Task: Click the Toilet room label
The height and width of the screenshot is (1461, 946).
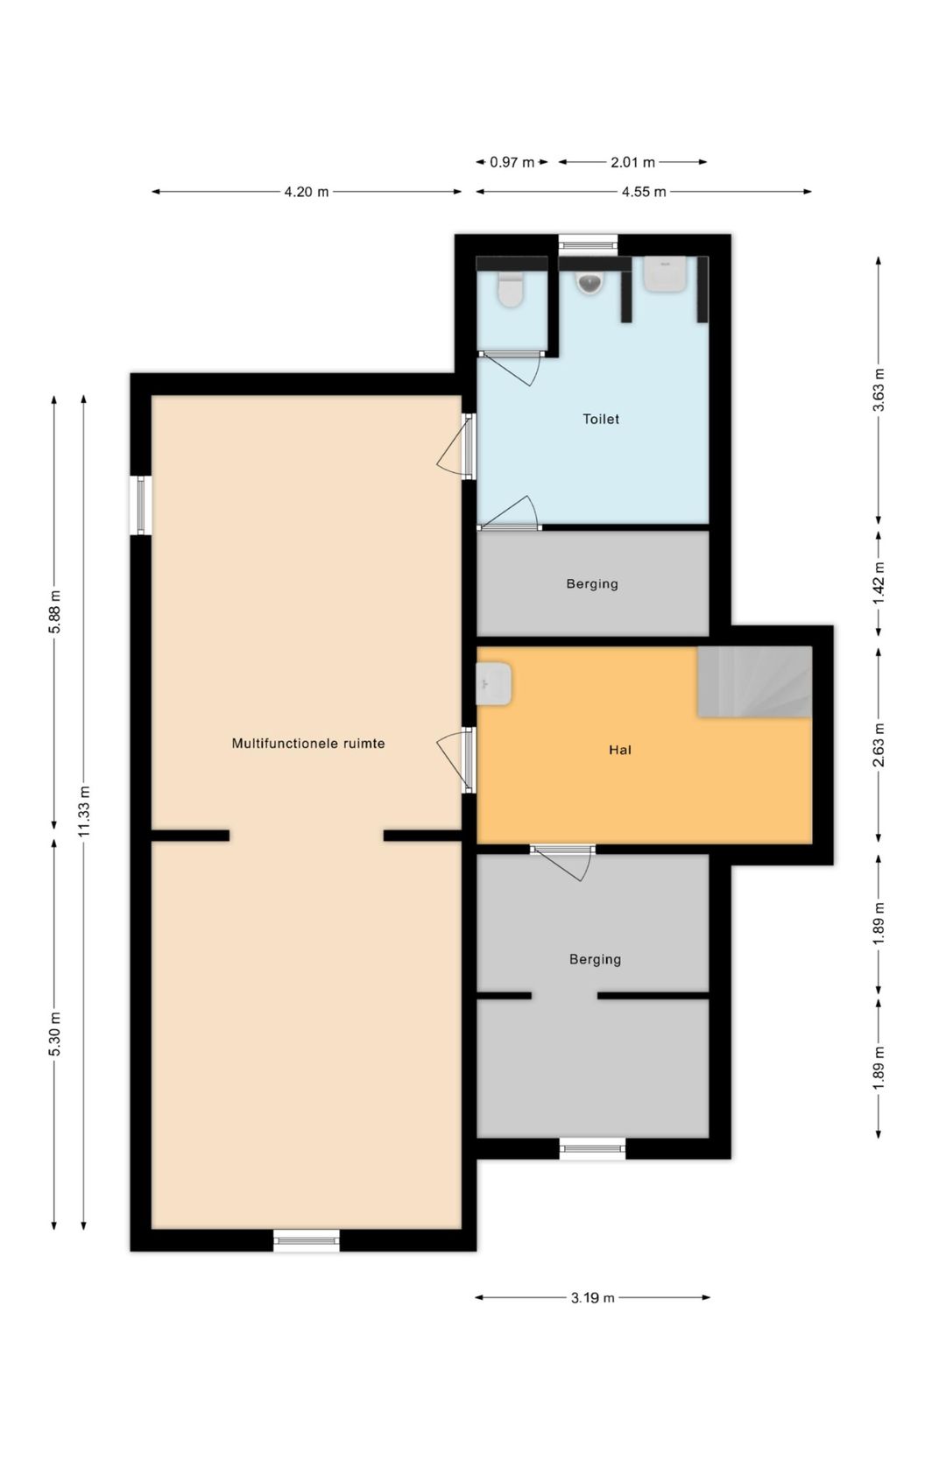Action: tap(600, 419)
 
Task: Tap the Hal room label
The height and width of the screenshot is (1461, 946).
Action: tap(619, 750)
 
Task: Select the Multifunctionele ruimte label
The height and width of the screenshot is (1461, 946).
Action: tap(308, 744)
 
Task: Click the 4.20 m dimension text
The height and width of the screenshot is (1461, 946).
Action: tap(306, 192)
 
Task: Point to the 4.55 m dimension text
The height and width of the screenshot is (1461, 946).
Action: tap(643, 192)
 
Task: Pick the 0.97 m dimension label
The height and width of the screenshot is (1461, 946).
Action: tap(512, 162)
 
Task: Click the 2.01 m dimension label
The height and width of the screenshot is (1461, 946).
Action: tap(632, 162)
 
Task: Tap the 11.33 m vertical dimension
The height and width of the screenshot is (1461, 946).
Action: tap(84, 811)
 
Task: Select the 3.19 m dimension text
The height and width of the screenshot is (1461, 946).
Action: tap(592, 1298)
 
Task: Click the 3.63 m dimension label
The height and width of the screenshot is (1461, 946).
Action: tap(879, 390)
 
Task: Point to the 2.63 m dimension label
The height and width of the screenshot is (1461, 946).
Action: tap(879, 745)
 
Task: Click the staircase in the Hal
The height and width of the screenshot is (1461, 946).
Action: tap(755, 681)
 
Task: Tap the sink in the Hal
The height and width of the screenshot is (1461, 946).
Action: tap(493, 683)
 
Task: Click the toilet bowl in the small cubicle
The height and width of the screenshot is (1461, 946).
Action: tap(511, 290)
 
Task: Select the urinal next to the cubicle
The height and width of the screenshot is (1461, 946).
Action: tap(589, 282)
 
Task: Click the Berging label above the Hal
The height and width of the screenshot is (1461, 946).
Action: tap(592, 583)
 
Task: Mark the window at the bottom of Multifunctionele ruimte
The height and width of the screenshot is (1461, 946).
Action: tap(306, 1240)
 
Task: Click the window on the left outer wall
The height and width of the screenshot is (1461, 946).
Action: tap(141, 505)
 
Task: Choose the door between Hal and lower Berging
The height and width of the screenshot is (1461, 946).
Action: tap(562, 862)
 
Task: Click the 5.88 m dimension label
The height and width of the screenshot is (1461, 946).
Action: tap(55, 611)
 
